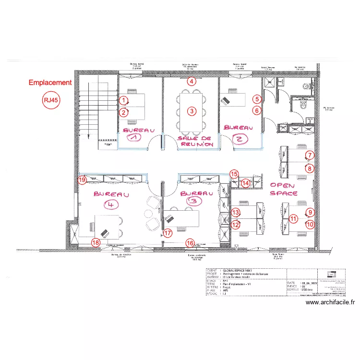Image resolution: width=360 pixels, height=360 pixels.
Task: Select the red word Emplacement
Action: (50, 83)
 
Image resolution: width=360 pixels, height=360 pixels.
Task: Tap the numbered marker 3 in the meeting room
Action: (192, 111)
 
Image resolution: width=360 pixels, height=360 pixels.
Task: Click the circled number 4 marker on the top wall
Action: (192, 81)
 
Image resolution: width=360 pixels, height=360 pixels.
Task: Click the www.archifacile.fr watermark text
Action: (330, 302)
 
